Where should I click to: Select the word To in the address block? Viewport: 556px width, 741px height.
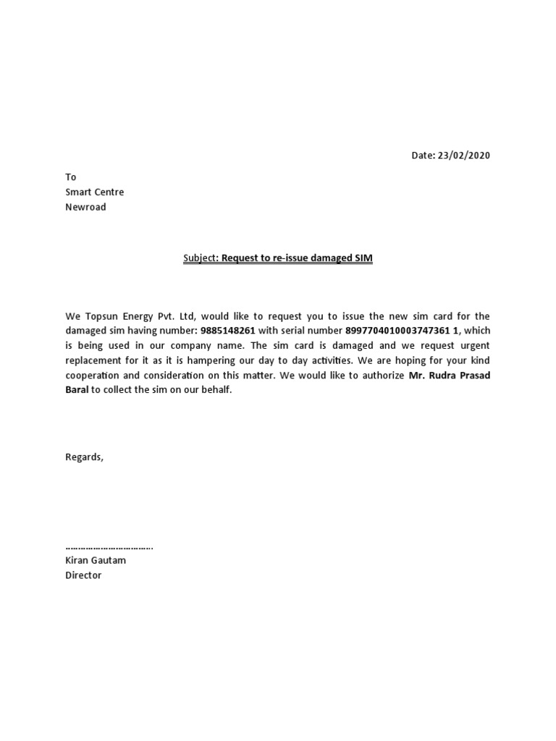click(70, 177)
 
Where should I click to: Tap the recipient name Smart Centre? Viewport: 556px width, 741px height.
click(94, 192)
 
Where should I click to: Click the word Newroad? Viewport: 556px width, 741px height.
click(85, 207)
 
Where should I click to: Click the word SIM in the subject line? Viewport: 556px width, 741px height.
click(363, 258)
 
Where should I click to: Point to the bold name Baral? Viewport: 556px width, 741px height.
click(77, 390)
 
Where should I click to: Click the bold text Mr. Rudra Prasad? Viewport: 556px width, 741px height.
click(449, 376)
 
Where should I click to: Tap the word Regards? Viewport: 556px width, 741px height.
click(84, 457)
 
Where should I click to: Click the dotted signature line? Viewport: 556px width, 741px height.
click(109, 547)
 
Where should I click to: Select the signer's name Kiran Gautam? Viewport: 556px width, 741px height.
click(95, 560)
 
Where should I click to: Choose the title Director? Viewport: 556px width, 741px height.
click(83, 575)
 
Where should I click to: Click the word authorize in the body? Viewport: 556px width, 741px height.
click(381, 376)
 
